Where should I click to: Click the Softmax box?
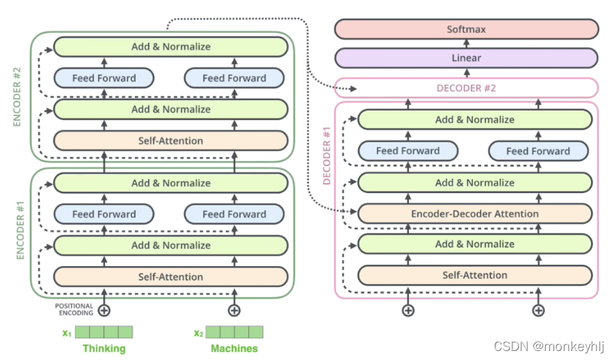(x=466, y=29)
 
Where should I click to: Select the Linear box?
(x=466, y=58)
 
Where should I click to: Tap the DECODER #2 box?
(x=466, y=88)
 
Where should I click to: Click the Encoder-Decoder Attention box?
(x=475, y=213)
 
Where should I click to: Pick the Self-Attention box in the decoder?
(x=475, y=275)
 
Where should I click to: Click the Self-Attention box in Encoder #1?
(x=170, y=277)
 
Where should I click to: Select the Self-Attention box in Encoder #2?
(x=170, y=140)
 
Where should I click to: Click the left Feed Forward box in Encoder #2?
(x=104, y=78)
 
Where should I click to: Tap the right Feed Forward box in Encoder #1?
(x=234, y=214)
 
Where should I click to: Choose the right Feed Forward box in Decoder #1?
(x=538, y=151)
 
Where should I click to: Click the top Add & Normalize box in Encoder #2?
(x=170, y=47)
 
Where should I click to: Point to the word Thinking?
(x=104, y=348)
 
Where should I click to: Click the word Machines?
(x=234, y=348)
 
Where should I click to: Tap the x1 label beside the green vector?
(x=67, y=332)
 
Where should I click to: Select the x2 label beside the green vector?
(x=198, y=332)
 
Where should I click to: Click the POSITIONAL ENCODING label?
(x=74, y=309)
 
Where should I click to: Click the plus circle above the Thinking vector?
(x=104, y=310)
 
